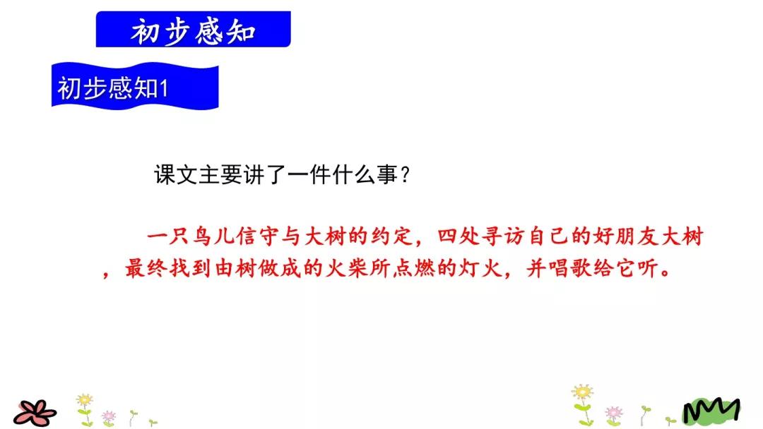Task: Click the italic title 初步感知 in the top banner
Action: (x=193, y=32)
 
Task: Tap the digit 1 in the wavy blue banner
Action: (x=163, y=89)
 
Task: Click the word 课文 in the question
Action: (x=176, y=174)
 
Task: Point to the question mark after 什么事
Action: (x=404, y=174)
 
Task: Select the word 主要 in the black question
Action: (x=220, y=174)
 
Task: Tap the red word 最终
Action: (x=146, y=267)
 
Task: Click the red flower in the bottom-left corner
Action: (x=35, y=413)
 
